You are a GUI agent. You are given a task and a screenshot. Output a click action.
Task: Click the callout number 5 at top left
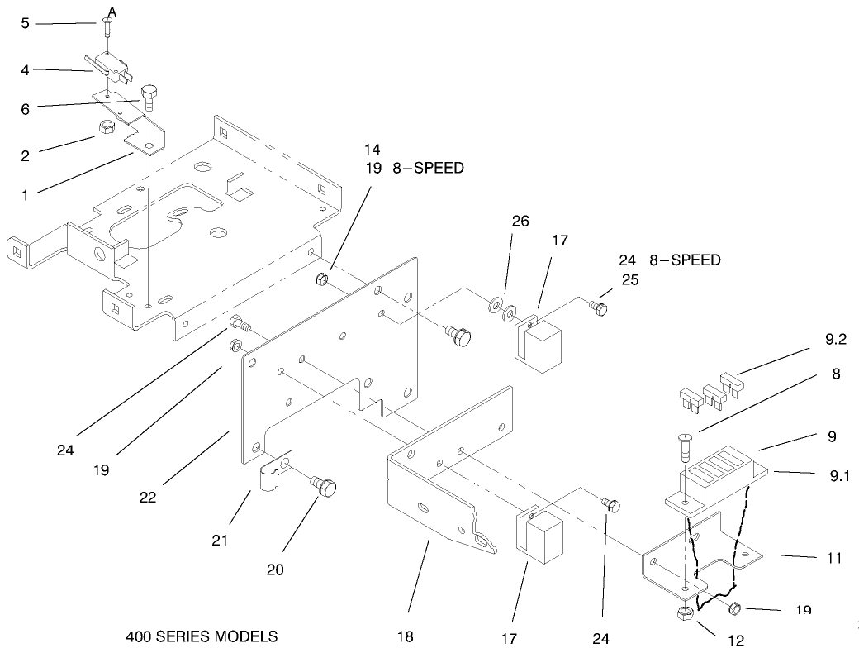point(25,23)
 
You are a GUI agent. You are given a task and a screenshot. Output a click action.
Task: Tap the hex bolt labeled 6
point(149,98)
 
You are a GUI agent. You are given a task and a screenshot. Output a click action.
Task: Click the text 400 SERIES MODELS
point(202,637)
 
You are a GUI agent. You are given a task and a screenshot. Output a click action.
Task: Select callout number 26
point(520,222)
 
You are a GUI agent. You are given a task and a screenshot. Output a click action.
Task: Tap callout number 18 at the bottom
point(405,637)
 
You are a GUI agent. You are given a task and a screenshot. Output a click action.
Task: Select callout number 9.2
point(835,339)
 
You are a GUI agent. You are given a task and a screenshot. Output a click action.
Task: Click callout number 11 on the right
point(834,559)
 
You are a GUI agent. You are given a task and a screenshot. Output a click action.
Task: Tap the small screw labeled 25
point(600,308)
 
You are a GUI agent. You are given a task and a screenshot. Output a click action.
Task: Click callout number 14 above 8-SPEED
point(372,150)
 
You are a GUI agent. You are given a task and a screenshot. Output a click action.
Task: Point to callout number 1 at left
point(25,195)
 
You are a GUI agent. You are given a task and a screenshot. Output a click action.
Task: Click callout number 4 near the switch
point(25,70)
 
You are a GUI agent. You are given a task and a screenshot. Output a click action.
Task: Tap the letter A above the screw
point(112,11)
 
